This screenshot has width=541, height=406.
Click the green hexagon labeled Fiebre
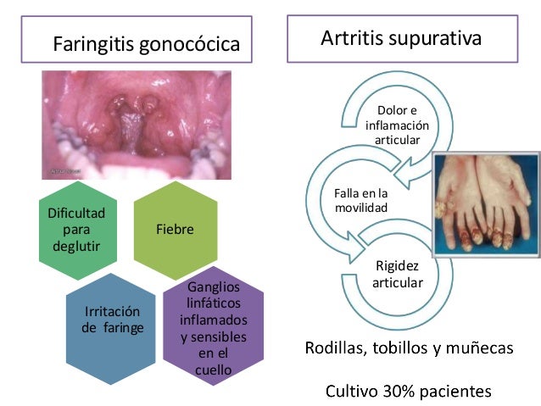tap(175, 229)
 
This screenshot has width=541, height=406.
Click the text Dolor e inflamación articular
tap(397, 125)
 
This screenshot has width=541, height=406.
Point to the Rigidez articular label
tap(397, 273)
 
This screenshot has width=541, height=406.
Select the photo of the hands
tap(482, 203)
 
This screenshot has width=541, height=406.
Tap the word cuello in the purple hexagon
tap(214, 369)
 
